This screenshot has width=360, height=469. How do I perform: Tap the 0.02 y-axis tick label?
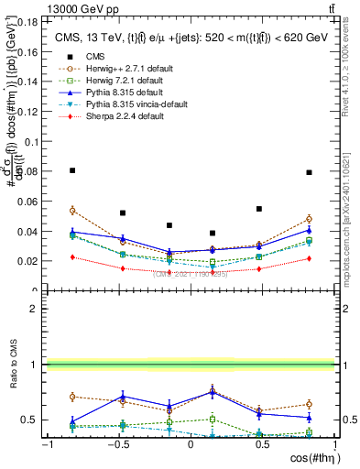[x=28, y=261]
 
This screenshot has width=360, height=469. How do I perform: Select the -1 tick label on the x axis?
[x=46, y=446]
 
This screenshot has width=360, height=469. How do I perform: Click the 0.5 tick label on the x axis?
[x=262, y=446]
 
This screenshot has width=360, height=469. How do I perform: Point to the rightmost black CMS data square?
[x=310, y=172]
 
